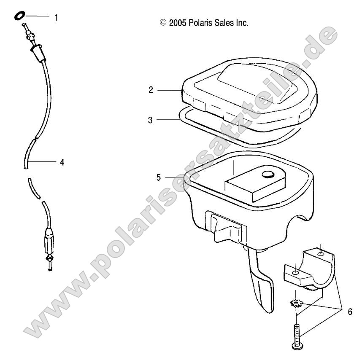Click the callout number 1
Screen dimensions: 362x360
(x=57, y=18)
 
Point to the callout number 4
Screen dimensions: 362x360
(x=62, y=161)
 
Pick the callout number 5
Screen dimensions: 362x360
(x=158, y=177)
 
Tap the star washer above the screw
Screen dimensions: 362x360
(x=296, y=304)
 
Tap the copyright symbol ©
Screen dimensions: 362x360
(x=163, y=23)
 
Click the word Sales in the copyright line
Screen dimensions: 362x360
(x=223, y=23)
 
